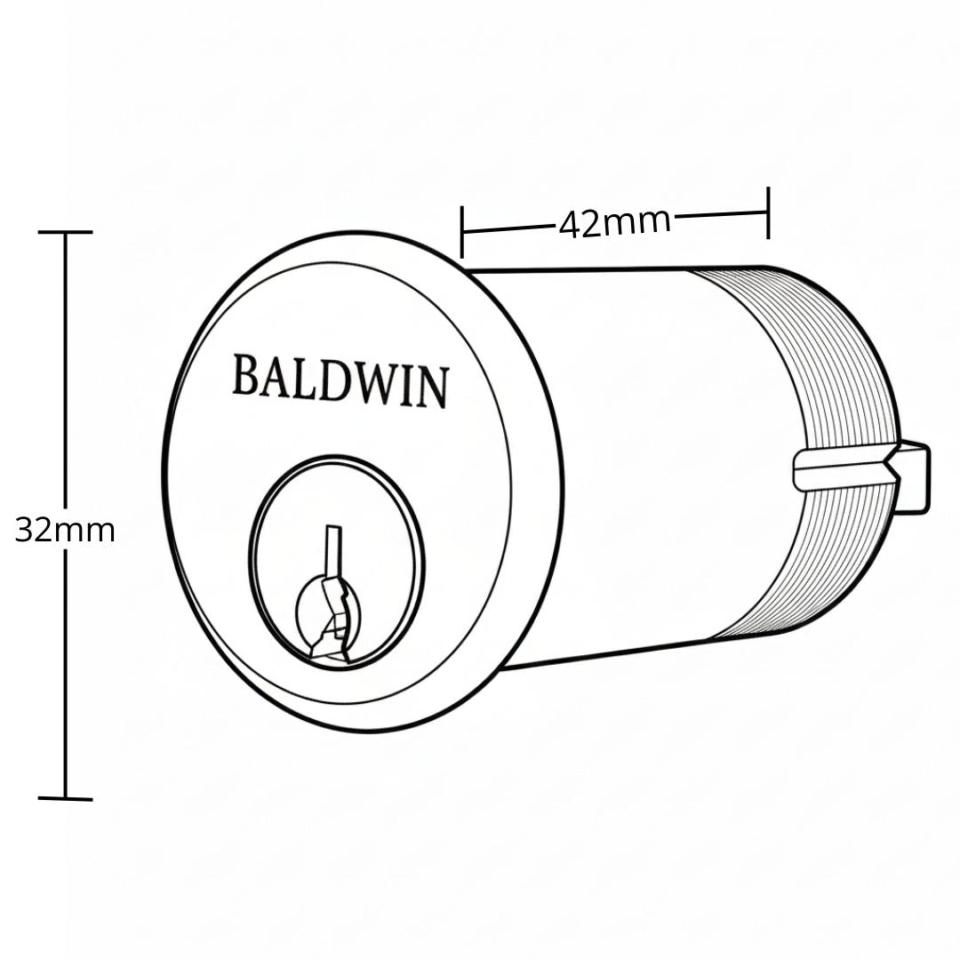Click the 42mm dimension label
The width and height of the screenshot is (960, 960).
[615, 223]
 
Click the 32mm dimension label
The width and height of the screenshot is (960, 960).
[65, 530]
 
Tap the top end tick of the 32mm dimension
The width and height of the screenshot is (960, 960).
[65, 232]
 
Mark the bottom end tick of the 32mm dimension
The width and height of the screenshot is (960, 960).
[65, 798]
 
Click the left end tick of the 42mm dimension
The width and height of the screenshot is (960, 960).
[462, 232]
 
